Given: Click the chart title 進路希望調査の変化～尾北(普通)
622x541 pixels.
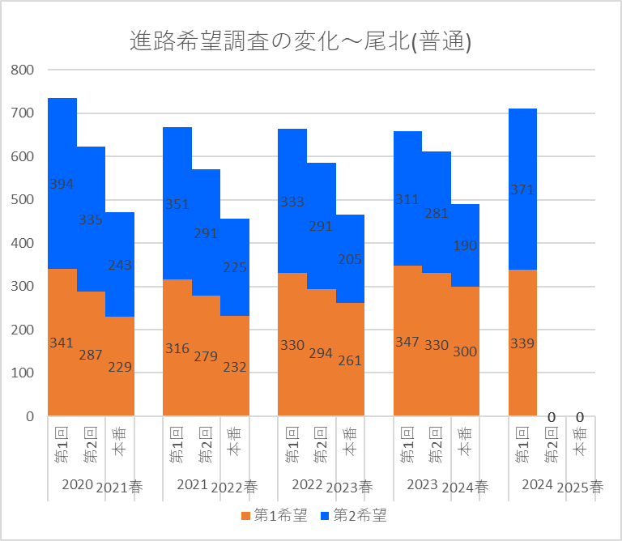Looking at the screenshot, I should point(300,41).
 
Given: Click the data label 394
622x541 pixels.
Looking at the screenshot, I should point(62,184).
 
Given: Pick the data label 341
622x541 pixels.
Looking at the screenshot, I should point(62,343).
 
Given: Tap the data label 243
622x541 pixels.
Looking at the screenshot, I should point(120,265).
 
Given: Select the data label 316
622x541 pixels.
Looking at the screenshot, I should point(177,348).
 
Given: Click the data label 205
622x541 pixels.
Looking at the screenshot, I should point(350,259).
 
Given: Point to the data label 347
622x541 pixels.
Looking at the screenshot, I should point(407,342).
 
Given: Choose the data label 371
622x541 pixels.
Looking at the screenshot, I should point(522,190).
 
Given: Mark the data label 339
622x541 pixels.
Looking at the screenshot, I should point(522,343).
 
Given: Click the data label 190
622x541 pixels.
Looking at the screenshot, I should point(465,246).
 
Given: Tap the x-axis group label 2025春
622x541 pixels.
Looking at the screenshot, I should point(580,488).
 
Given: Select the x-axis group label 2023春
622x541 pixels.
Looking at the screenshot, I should point(350,488).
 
